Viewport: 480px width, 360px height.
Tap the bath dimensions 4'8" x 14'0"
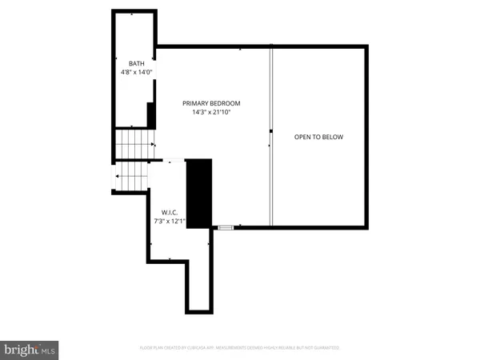tap(132, 73)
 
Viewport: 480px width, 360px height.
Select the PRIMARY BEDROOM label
tap(211, 103)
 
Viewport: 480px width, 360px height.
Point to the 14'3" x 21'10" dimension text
tap(211, 113)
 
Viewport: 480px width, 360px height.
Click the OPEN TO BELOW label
tap(318, 137)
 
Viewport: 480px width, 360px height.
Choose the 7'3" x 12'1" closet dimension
tap(170, 221)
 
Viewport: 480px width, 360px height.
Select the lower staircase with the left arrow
tap(132, 176)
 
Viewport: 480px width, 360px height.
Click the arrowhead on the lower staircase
tap(118, 176)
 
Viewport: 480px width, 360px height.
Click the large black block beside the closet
tap(198, 194)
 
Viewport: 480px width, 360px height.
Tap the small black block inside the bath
tap(150, 114)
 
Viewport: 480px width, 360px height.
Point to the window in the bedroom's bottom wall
tap(226, 228)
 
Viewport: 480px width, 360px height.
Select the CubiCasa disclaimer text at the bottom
tap(240, 349)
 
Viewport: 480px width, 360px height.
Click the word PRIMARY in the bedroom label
tap(196, 103)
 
